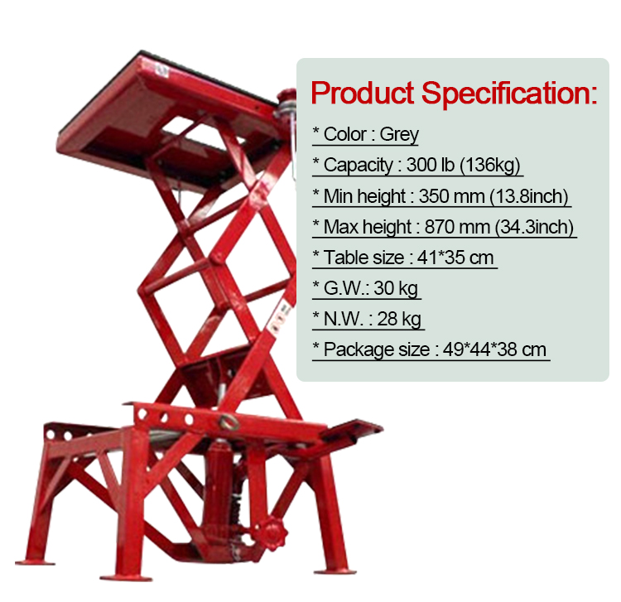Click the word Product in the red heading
(363, 94)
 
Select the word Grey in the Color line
(399, 134)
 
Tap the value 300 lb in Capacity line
(430, 165)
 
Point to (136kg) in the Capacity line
(490, 165)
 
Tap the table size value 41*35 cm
(455, 258)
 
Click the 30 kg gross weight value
(396, 288)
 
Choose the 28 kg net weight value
(399, 320)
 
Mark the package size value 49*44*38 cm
(494, 349)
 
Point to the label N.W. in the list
(344, 320)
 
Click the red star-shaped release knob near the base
(272, 534)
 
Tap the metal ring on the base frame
(229, 422)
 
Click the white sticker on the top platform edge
(161, 71)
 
